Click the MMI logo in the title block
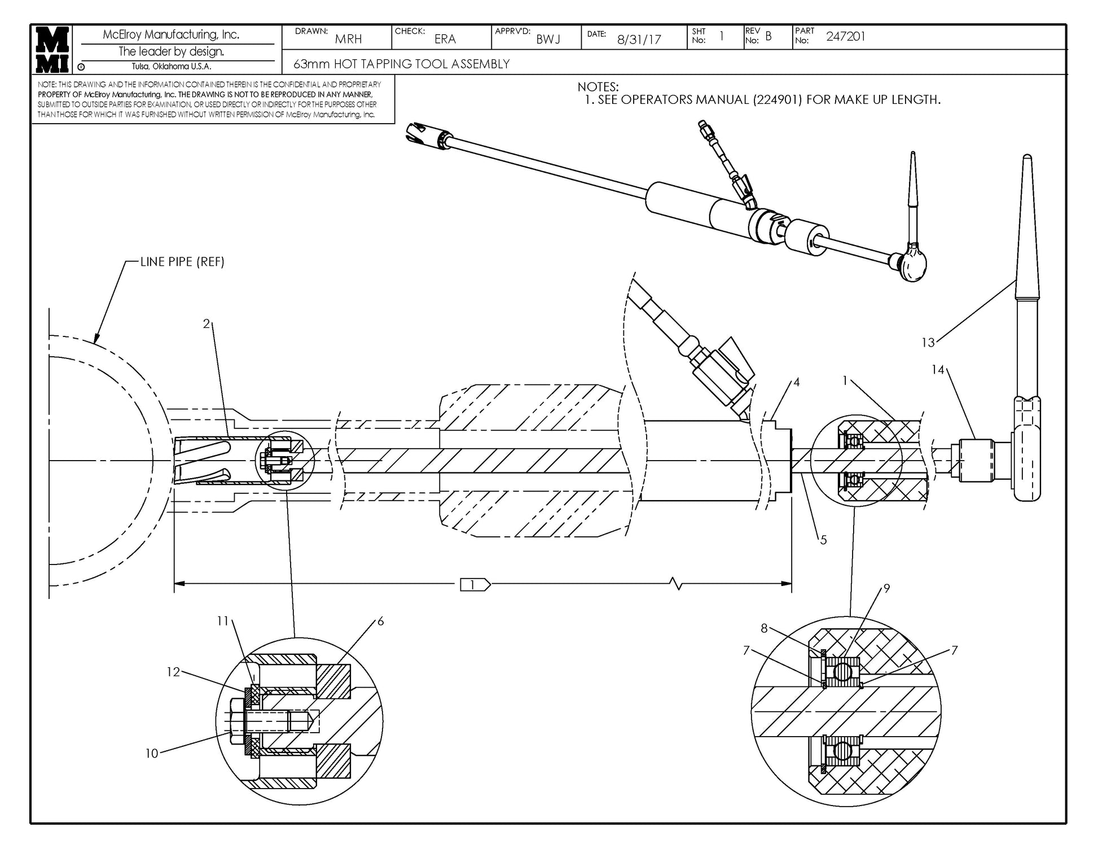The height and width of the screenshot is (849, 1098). pyautogui.click(x=52, y=50)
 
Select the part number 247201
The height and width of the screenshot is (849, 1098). pyautogui.click(x=845, y=37)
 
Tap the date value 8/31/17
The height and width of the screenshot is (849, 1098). pyautogui.click(x=639, y=40)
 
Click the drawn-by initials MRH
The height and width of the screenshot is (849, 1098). pyautogui.click(x=348, y=40)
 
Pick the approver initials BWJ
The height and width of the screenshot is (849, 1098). pyautogui.click(x=547, y=40)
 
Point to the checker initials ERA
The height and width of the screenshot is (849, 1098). pyautogui.click(x=445, y=40)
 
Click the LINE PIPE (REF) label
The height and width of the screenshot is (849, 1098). pyautogui.click(x=182, y=262)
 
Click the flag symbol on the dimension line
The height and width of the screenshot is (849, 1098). pyautogui.click(x=475, y=585)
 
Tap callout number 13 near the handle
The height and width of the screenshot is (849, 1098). pyautogui.click(x=928, y=343)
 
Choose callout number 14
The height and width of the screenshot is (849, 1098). pyautogui.click(x=938, y=370)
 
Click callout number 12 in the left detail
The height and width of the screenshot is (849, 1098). pyautogui.click(x=173, y=672)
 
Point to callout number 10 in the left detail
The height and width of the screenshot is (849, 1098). pyautogui.click(x=152, y=754)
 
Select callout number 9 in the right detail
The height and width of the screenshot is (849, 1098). pyautogui.click(x=886, y=589)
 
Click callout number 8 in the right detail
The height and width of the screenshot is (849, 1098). pyautogui.click(x=764, y=628)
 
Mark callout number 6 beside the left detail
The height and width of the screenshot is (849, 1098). pyautogui.click(x=380, y=622)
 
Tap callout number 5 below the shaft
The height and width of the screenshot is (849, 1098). pyautogui.click(x=823, y=540)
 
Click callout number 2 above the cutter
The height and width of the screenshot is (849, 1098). pyautogui.click(x=207, y=324)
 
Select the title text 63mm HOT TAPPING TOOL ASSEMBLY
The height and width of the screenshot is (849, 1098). pyautogui.click(x=401, y=64)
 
